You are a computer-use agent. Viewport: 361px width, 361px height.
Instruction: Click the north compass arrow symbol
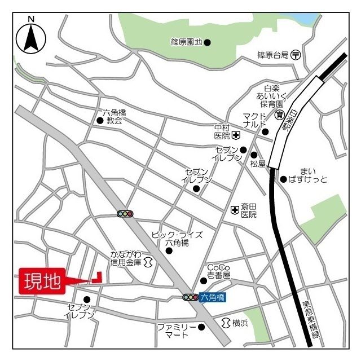(31, 37)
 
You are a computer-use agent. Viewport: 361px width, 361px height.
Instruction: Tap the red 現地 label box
(42, 280)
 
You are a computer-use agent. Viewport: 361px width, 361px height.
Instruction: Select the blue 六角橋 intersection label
(213, 297)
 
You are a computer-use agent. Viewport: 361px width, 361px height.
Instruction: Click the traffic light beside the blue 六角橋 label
(190, 297)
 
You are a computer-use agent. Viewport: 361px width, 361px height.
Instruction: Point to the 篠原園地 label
(186, 42)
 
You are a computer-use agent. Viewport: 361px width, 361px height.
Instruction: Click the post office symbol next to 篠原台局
(296, 55)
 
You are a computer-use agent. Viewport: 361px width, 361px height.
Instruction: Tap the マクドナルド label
(254, 121)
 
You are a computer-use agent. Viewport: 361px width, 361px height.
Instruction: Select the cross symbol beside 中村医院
(236, 135)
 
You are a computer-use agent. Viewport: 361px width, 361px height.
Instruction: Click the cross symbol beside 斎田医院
(235, 210)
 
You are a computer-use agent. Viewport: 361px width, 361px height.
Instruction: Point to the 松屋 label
(258, 164)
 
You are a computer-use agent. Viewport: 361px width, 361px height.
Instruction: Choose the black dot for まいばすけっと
(283, 179)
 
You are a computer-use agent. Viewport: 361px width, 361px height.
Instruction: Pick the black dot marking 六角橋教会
(99, 120)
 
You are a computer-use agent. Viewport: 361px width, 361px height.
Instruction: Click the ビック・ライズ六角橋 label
(176, 239)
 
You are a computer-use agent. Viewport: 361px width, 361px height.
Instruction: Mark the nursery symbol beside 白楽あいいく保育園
(279, 115)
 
